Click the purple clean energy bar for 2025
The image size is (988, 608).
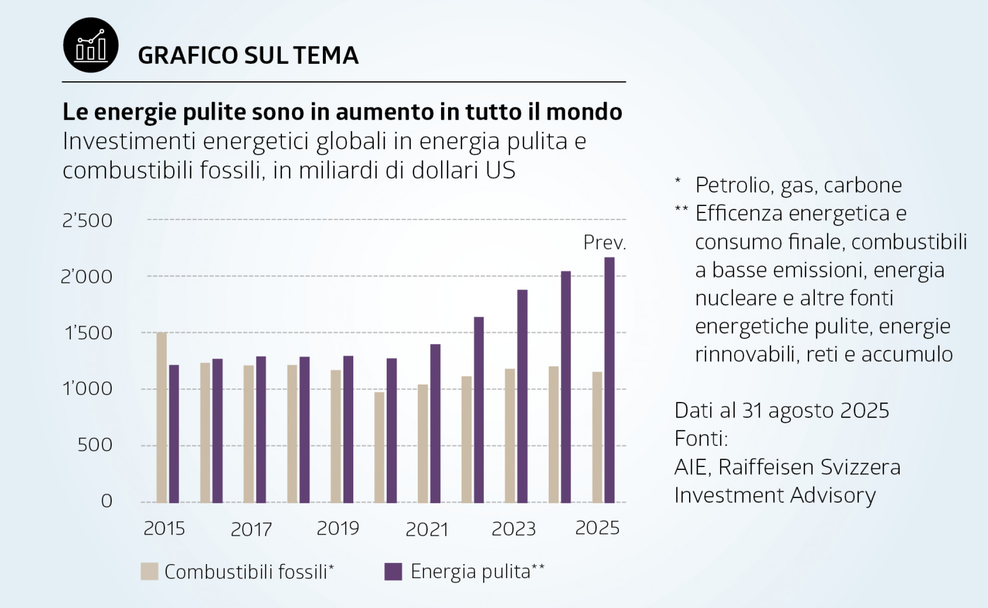[x=609, y=380]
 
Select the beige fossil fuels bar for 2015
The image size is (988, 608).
[x=162, y=417]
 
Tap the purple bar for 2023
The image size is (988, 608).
[x=522, y=396]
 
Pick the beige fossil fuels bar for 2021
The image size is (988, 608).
[x=423, y=443]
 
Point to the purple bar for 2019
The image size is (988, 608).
[x=348, y=429]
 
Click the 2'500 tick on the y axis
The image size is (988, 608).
[x=87, y=220]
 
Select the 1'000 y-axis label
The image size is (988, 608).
[x=87, y=389]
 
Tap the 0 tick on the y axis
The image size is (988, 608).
[x=107, y=501]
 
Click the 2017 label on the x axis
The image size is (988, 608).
[x=251, y=529]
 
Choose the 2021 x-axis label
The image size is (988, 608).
[x=427, y=529]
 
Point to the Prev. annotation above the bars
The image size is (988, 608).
[x=604, y=243]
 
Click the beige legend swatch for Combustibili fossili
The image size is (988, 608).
[x=149, y=572]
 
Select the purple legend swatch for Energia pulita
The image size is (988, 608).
[x=393, y=572]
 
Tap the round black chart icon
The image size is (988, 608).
[x=91, y=45]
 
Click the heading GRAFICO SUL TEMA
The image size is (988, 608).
[x=248, y=55]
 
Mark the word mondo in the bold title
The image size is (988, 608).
[x=584, y=112]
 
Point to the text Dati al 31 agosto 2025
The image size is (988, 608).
[x=781, y=410]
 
